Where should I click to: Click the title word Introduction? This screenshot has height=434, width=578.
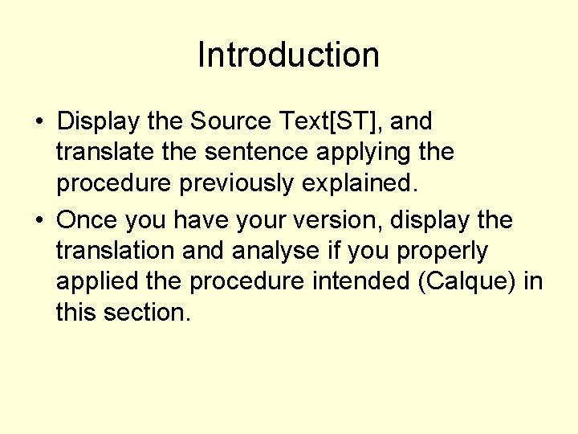coord(288,55)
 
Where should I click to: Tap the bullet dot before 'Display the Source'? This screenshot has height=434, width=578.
coord(39,123)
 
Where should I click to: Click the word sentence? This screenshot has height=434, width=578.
coord(244,152)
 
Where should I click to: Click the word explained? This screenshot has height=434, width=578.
coord(360,183)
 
